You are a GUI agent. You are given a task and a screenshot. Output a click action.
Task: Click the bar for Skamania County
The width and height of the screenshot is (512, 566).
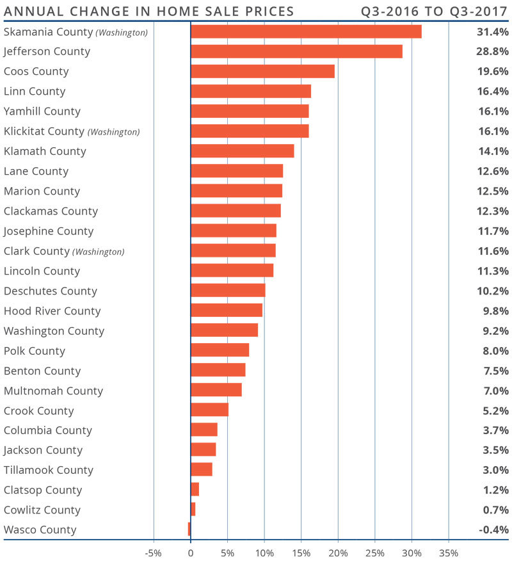click(x=306, y=31)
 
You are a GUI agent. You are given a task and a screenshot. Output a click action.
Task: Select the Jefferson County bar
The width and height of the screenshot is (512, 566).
click(x=296, y=51)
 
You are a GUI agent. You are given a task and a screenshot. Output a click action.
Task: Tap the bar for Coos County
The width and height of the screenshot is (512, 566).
click(x=262, y=71)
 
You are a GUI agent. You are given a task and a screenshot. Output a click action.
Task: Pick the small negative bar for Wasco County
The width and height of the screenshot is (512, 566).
click(x=189, y=530)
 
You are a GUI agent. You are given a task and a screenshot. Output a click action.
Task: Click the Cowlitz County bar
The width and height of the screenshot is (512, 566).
click(x=193, y=510)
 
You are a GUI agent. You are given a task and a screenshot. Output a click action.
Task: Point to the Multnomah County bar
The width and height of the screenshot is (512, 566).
click(x=216, y=390)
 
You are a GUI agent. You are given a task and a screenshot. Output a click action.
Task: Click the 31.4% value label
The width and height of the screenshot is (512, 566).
click(x=493, y=32)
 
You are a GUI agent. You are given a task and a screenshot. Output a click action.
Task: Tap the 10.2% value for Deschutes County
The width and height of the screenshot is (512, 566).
click(x=493, y=291)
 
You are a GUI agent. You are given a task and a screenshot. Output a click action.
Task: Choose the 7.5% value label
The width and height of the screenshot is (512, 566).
click(x=495, y=371)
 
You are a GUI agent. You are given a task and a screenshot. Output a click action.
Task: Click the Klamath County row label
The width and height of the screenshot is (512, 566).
click(x=45, y=151)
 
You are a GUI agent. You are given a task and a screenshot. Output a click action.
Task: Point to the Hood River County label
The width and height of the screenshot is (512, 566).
click(x=52, y=311)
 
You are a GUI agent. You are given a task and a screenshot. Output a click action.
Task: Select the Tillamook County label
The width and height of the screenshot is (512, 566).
click(x=49, y=470)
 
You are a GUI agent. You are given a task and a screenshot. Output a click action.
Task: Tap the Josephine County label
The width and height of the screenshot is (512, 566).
click(x=49, y=231)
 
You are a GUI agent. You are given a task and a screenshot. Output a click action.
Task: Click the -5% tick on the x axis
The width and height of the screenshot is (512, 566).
click(x=153, y=553)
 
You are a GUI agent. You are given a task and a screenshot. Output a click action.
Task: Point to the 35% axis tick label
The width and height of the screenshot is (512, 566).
click(x=449, y=553)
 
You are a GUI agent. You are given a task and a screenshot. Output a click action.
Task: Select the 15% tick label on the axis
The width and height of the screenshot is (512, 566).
click(x=301, y=553)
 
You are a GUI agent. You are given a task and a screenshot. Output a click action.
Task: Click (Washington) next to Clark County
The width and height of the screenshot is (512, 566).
click(x=99, y=252)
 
